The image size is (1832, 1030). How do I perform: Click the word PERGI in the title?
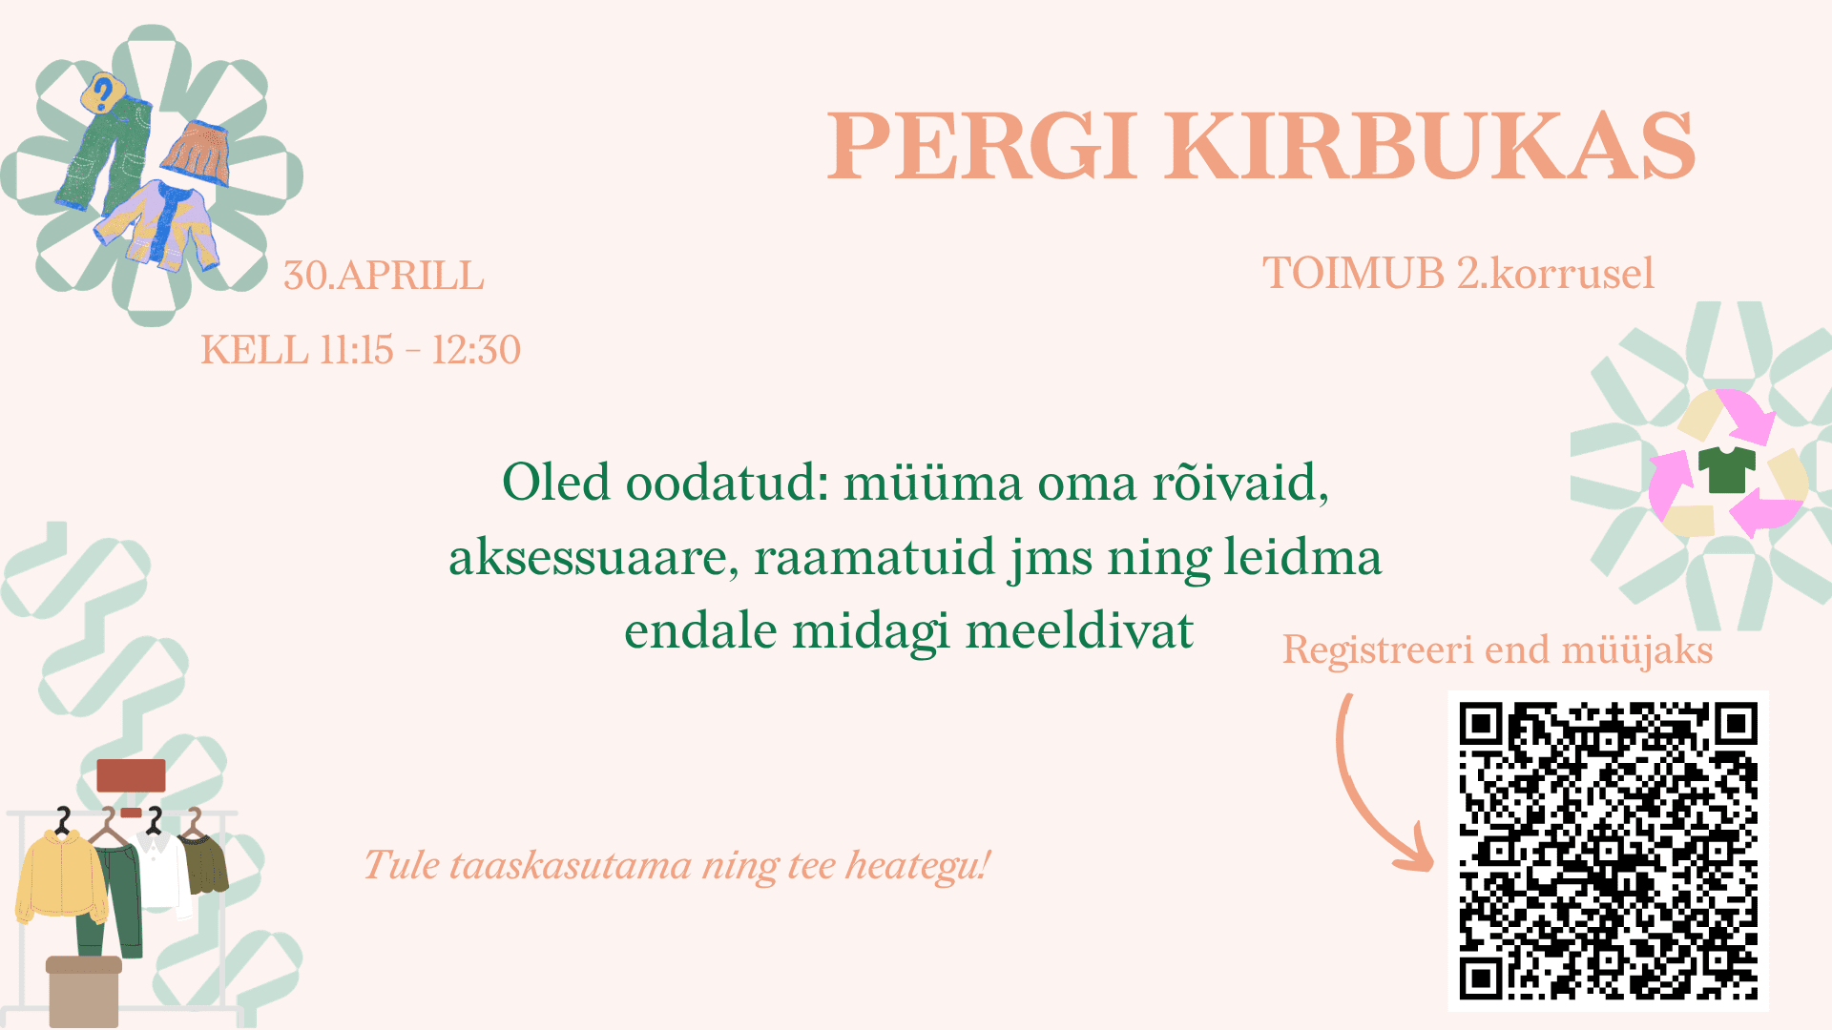pos(983,145)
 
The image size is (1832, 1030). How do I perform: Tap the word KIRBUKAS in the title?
pos(1430,145)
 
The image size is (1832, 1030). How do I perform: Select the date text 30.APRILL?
pos(384,276)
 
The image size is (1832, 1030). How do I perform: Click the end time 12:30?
pos(476,350)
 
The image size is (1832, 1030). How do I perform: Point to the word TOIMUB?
pos(1353,274)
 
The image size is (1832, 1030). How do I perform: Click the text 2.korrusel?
pos(1555,274)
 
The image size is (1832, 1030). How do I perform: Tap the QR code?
pos(1608,851)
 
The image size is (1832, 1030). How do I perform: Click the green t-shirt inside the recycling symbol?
pos(1727,468)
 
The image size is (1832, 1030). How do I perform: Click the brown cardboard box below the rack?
pos(84,992)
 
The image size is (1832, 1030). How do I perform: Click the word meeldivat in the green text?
pos(1079,631)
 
